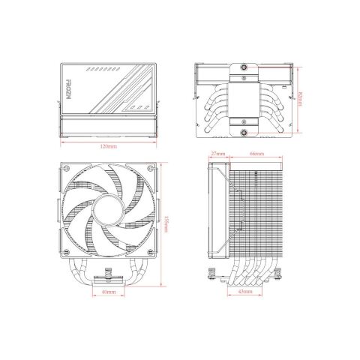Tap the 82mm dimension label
pyautogui.click(x=301, y=98)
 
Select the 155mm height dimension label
pyautogui.click(x=165, y=223)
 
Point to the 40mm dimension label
pyautogui.click(x=107, y=292)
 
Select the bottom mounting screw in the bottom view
pyautogui.click(x=244, y=135)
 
